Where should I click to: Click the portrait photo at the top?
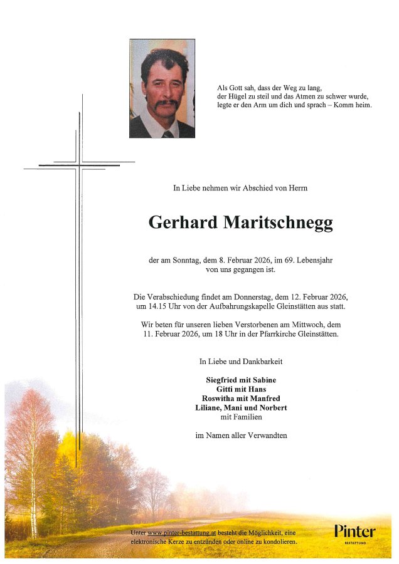[x=162, y=88]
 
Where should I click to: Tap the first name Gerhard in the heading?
[x=183, y=222]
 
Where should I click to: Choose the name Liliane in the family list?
[x=210, y=408]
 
